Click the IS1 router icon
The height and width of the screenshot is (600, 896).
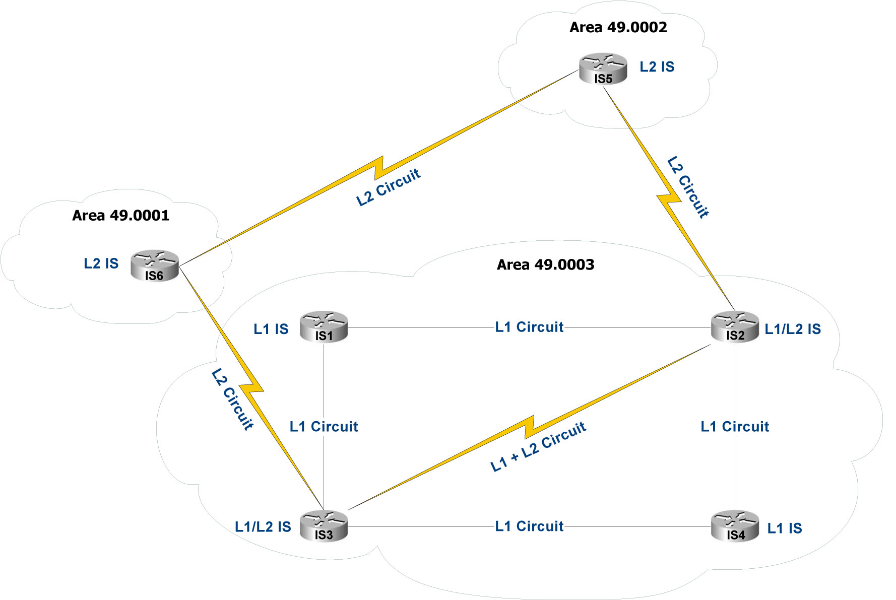(x=324, y=327)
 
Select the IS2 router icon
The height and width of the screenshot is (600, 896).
(x=735, y=327)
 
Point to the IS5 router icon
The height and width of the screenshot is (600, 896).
(x=603, y=69)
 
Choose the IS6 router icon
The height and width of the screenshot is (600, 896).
(x=154, y=265)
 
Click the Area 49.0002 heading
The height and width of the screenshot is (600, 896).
(x=618, y=27)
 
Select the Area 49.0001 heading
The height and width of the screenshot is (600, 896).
(x=120, y=216)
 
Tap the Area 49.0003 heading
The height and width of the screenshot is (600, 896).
(x=545, y=264)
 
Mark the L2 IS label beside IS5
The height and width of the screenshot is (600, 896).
(x=657, y=67)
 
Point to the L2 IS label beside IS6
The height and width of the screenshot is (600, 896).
(x=101, y=263)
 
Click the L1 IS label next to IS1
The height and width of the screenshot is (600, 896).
(x=271, y=329)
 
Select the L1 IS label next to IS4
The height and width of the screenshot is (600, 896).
(x=784, y=528)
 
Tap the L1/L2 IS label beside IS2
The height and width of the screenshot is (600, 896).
(x=792, y=329)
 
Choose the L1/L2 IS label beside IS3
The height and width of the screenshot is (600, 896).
(x=263, y=527)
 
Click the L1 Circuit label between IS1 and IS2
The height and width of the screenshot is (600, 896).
(x=529, y=327)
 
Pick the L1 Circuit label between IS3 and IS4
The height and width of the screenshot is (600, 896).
(x=529, y=526)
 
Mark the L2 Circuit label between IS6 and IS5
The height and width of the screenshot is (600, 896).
(x=388, y=187)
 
